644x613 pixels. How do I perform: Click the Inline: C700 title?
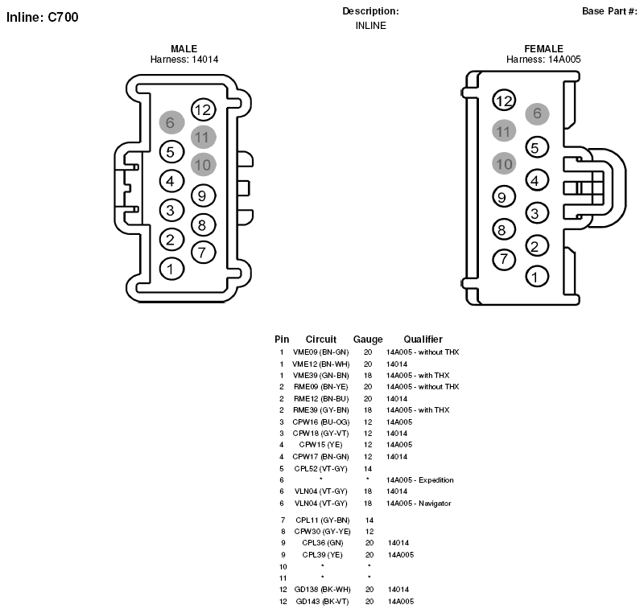(x=43, y=17)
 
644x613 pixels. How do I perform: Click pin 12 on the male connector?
(x=204, y=109)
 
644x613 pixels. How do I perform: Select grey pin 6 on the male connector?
(x=171, y=122)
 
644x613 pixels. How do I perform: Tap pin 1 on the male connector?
(x=171, y=269)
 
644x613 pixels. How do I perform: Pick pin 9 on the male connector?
(x=204, y=195)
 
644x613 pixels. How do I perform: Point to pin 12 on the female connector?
(x=504, y=101)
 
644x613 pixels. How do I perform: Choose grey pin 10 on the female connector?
(x=504, y=164)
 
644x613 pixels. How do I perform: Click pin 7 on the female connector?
(x=504, y=259)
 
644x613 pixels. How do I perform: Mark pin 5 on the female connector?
(x=537, y=147)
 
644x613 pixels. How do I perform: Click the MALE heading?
(x=184, y=49)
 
